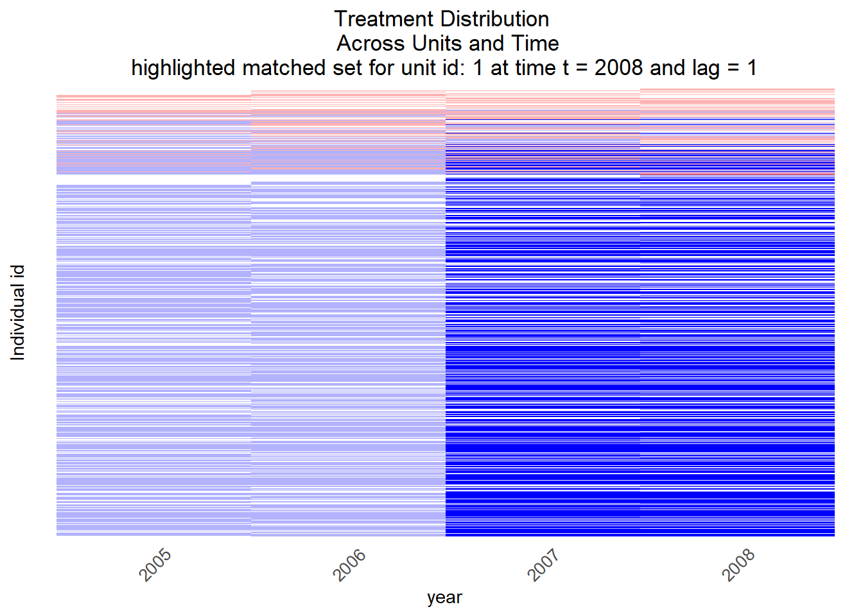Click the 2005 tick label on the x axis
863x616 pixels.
(155, 565)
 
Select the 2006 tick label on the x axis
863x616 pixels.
(349, 565)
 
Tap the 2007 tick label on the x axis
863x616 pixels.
(543, 565)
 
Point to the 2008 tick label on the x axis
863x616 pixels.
(738, 565)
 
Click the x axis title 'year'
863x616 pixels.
(444, 598)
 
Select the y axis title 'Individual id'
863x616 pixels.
(17, 312)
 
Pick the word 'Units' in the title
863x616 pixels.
(437, 43)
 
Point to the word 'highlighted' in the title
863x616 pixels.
(183, 68)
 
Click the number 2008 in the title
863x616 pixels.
(619, 67)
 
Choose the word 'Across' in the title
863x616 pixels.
(370, 43)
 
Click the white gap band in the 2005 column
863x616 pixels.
(153, 180)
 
